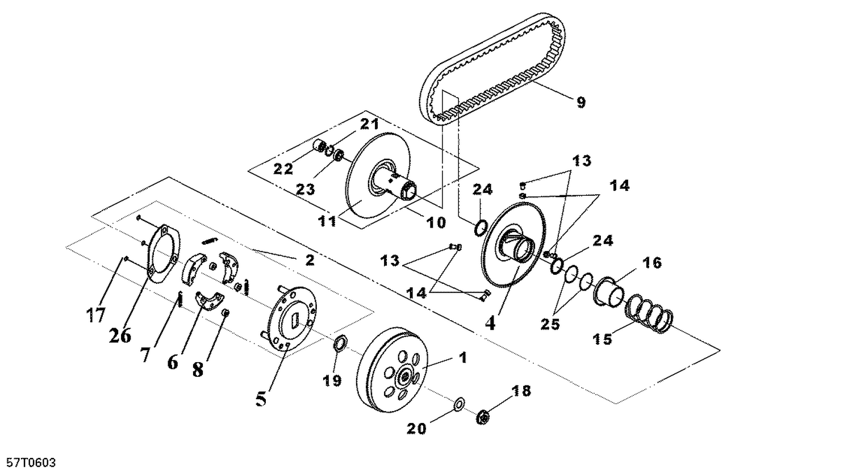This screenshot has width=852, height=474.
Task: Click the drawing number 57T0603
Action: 28,463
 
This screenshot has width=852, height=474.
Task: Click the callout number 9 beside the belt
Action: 580,102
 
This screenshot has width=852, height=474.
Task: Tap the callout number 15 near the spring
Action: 603,339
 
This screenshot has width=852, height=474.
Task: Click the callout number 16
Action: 652,263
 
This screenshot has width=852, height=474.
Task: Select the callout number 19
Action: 332,380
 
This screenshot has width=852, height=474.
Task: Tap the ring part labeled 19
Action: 340,343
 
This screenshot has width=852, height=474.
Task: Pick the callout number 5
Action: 261,399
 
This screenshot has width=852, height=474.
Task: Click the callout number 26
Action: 120,335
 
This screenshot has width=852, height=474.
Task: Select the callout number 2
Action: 310,260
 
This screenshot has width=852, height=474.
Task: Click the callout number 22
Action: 283,169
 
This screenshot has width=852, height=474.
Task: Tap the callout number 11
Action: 327,221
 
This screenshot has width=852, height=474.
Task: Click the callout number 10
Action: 436,223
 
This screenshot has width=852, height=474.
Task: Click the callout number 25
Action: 550,324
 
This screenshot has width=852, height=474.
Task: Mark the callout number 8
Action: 198,370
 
